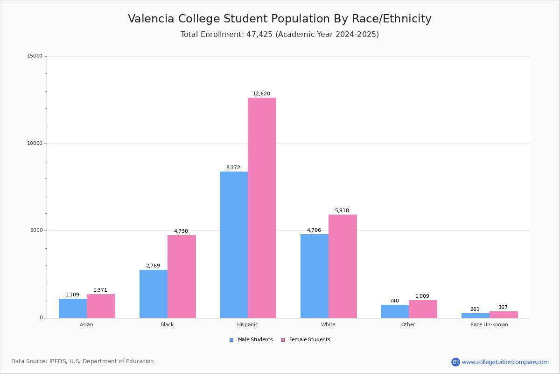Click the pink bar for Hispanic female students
262,208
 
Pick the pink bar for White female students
343,266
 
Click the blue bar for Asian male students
73,308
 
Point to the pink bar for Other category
423,309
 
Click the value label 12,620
261,94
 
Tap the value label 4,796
314,230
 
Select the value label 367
503,308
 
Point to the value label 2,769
153,266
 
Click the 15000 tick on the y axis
35,56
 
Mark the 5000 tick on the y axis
36,230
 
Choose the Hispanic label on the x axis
247,324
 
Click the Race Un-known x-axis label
489,324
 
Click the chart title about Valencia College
280,19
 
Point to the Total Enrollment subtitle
280,35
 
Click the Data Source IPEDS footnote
83,361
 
